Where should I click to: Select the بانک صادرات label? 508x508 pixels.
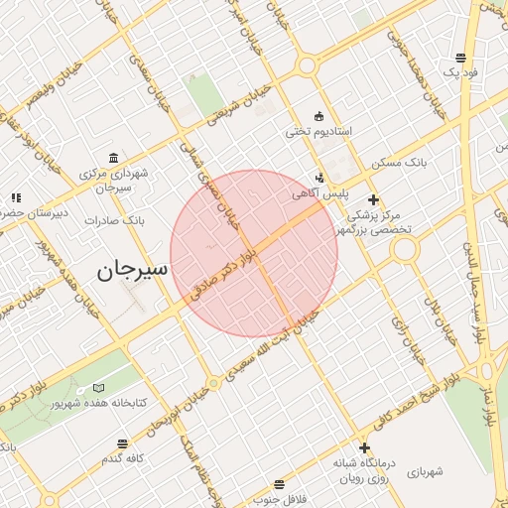[x=115, y=220]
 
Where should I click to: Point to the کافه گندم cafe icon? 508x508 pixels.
[x=122, y=444]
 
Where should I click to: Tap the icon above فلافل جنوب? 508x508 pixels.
[x=280, y=483]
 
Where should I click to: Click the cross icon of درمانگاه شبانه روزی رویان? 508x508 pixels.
[x=364, y=448]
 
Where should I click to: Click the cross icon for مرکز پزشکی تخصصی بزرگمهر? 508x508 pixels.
[x=373, y=199]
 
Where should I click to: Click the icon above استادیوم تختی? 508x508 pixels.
[x=317, y=115]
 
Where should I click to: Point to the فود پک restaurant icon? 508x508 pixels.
[x=460, y=58]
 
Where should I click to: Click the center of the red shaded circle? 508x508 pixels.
[x=254, y=253]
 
